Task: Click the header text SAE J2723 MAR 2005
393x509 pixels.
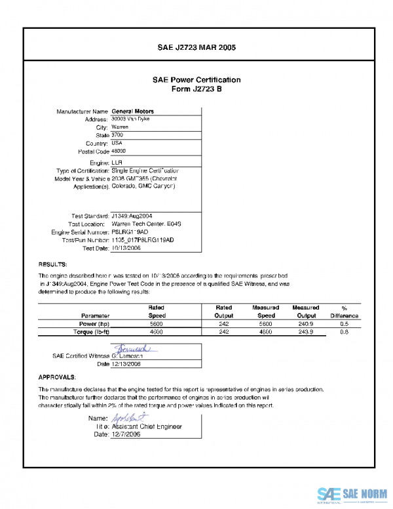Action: point(196,48)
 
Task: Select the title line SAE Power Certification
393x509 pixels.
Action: point(196,80)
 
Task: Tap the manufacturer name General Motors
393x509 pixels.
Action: point(133,112)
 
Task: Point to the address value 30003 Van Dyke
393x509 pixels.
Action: point(131,119)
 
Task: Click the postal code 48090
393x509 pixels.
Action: point(120,151)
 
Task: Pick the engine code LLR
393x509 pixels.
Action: point(117,162)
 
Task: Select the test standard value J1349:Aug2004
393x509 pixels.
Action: point(132,216)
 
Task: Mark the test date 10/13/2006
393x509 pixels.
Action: point(126,249)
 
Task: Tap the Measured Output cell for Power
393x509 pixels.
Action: point(305,323)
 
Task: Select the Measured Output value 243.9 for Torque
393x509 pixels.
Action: point(305,333)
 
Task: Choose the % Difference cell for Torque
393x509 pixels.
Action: point(345,333)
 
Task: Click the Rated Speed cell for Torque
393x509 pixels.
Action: point(156,333)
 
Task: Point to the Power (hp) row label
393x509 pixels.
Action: point(94,323)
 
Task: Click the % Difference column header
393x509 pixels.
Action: point(345,312)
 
